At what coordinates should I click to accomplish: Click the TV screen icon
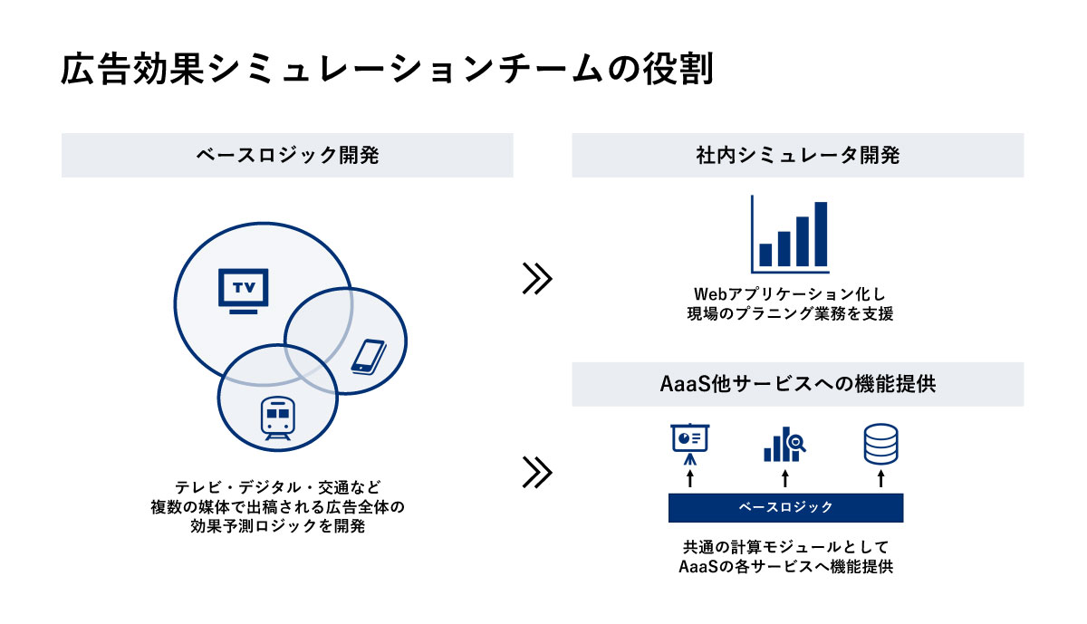coord(243,291)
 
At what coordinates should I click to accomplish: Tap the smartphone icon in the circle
coord(369,357)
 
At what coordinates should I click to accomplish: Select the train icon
coord(277,418)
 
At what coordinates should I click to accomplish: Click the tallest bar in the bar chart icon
coord(821,234)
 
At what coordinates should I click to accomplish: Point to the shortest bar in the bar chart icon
coord(765,254)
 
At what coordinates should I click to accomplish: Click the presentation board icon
coord(689,444)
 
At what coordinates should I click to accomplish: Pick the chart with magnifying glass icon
coord(784,445)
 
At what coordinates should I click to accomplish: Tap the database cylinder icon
coord(880,444)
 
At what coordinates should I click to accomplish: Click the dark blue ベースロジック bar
coord(785,507)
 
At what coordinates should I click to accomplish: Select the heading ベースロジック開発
coord(287,155)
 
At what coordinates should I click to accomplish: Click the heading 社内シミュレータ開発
coord(798,155)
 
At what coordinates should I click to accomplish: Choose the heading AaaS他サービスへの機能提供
coord(798,384)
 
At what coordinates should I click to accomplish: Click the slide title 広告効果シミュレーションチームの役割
coord(387,70)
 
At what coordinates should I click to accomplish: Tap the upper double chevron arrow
coord(537,279)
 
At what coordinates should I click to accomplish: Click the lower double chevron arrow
coord(537,472)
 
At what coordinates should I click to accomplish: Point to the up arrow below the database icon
coord(880,478)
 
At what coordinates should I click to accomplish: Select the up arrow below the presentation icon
coord(689,478)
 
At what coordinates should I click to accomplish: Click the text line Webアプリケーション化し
coord(790,294)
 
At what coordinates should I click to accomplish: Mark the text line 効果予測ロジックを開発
coord(277,526)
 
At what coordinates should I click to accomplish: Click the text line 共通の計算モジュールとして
coord(785,547)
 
